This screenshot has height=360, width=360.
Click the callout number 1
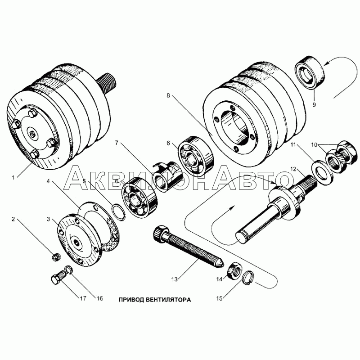point(13,177)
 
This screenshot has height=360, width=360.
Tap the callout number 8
point(168,95)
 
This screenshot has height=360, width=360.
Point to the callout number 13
point(175,279)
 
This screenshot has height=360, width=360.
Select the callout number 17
point(83,298)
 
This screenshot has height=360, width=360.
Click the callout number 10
point(314,145)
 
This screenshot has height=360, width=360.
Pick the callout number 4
point(48,181)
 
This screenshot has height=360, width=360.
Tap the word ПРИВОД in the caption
point(131,300)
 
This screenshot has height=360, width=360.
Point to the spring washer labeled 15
point(249,278)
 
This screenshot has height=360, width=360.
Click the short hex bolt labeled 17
point(58,276)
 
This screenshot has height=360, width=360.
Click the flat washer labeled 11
point(322,173)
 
